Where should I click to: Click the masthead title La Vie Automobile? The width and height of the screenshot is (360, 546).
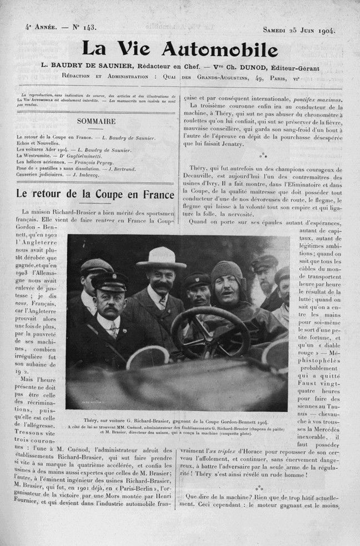point(180,49)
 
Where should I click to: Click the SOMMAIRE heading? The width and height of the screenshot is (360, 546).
point(96,121)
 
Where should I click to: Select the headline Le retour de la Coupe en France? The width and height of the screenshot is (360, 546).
point(95,195)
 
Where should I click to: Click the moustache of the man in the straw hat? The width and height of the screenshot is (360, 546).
point(162,286)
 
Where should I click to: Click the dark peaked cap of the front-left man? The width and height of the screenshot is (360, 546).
point(110,282)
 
